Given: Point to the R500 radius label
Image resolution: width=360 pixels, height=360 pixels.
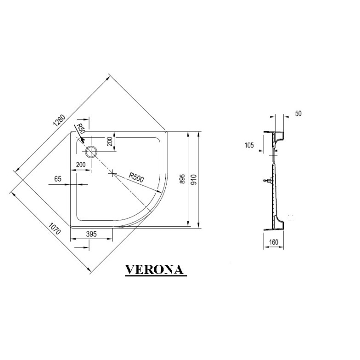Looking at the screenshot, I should [x=136, y=177].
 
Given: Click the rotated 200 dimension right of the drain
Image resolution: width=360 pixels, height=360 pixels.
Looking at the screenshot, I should [x=110, y=141].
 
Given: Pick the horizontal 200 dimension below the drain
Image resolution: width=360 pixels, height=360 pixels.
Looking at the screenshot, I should [x=81, y=164].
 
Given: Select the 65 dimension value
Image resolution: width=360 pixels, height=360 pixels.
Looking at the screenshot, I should [x=58, y=179].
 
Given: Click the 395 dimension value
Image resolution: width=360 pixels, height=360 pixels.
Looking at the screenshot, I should [x=91, y=234].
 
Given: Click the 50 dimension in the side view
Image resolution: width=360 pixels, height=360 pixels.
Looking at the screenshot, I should [x=298, y=113].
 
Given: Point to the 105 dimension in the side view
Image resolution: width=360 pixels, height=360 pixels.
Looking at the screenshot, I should [x=249, y=146].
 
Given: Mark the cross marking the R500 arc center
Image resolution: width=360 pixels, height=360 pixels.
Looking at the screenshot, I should [x=113, y=173].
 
